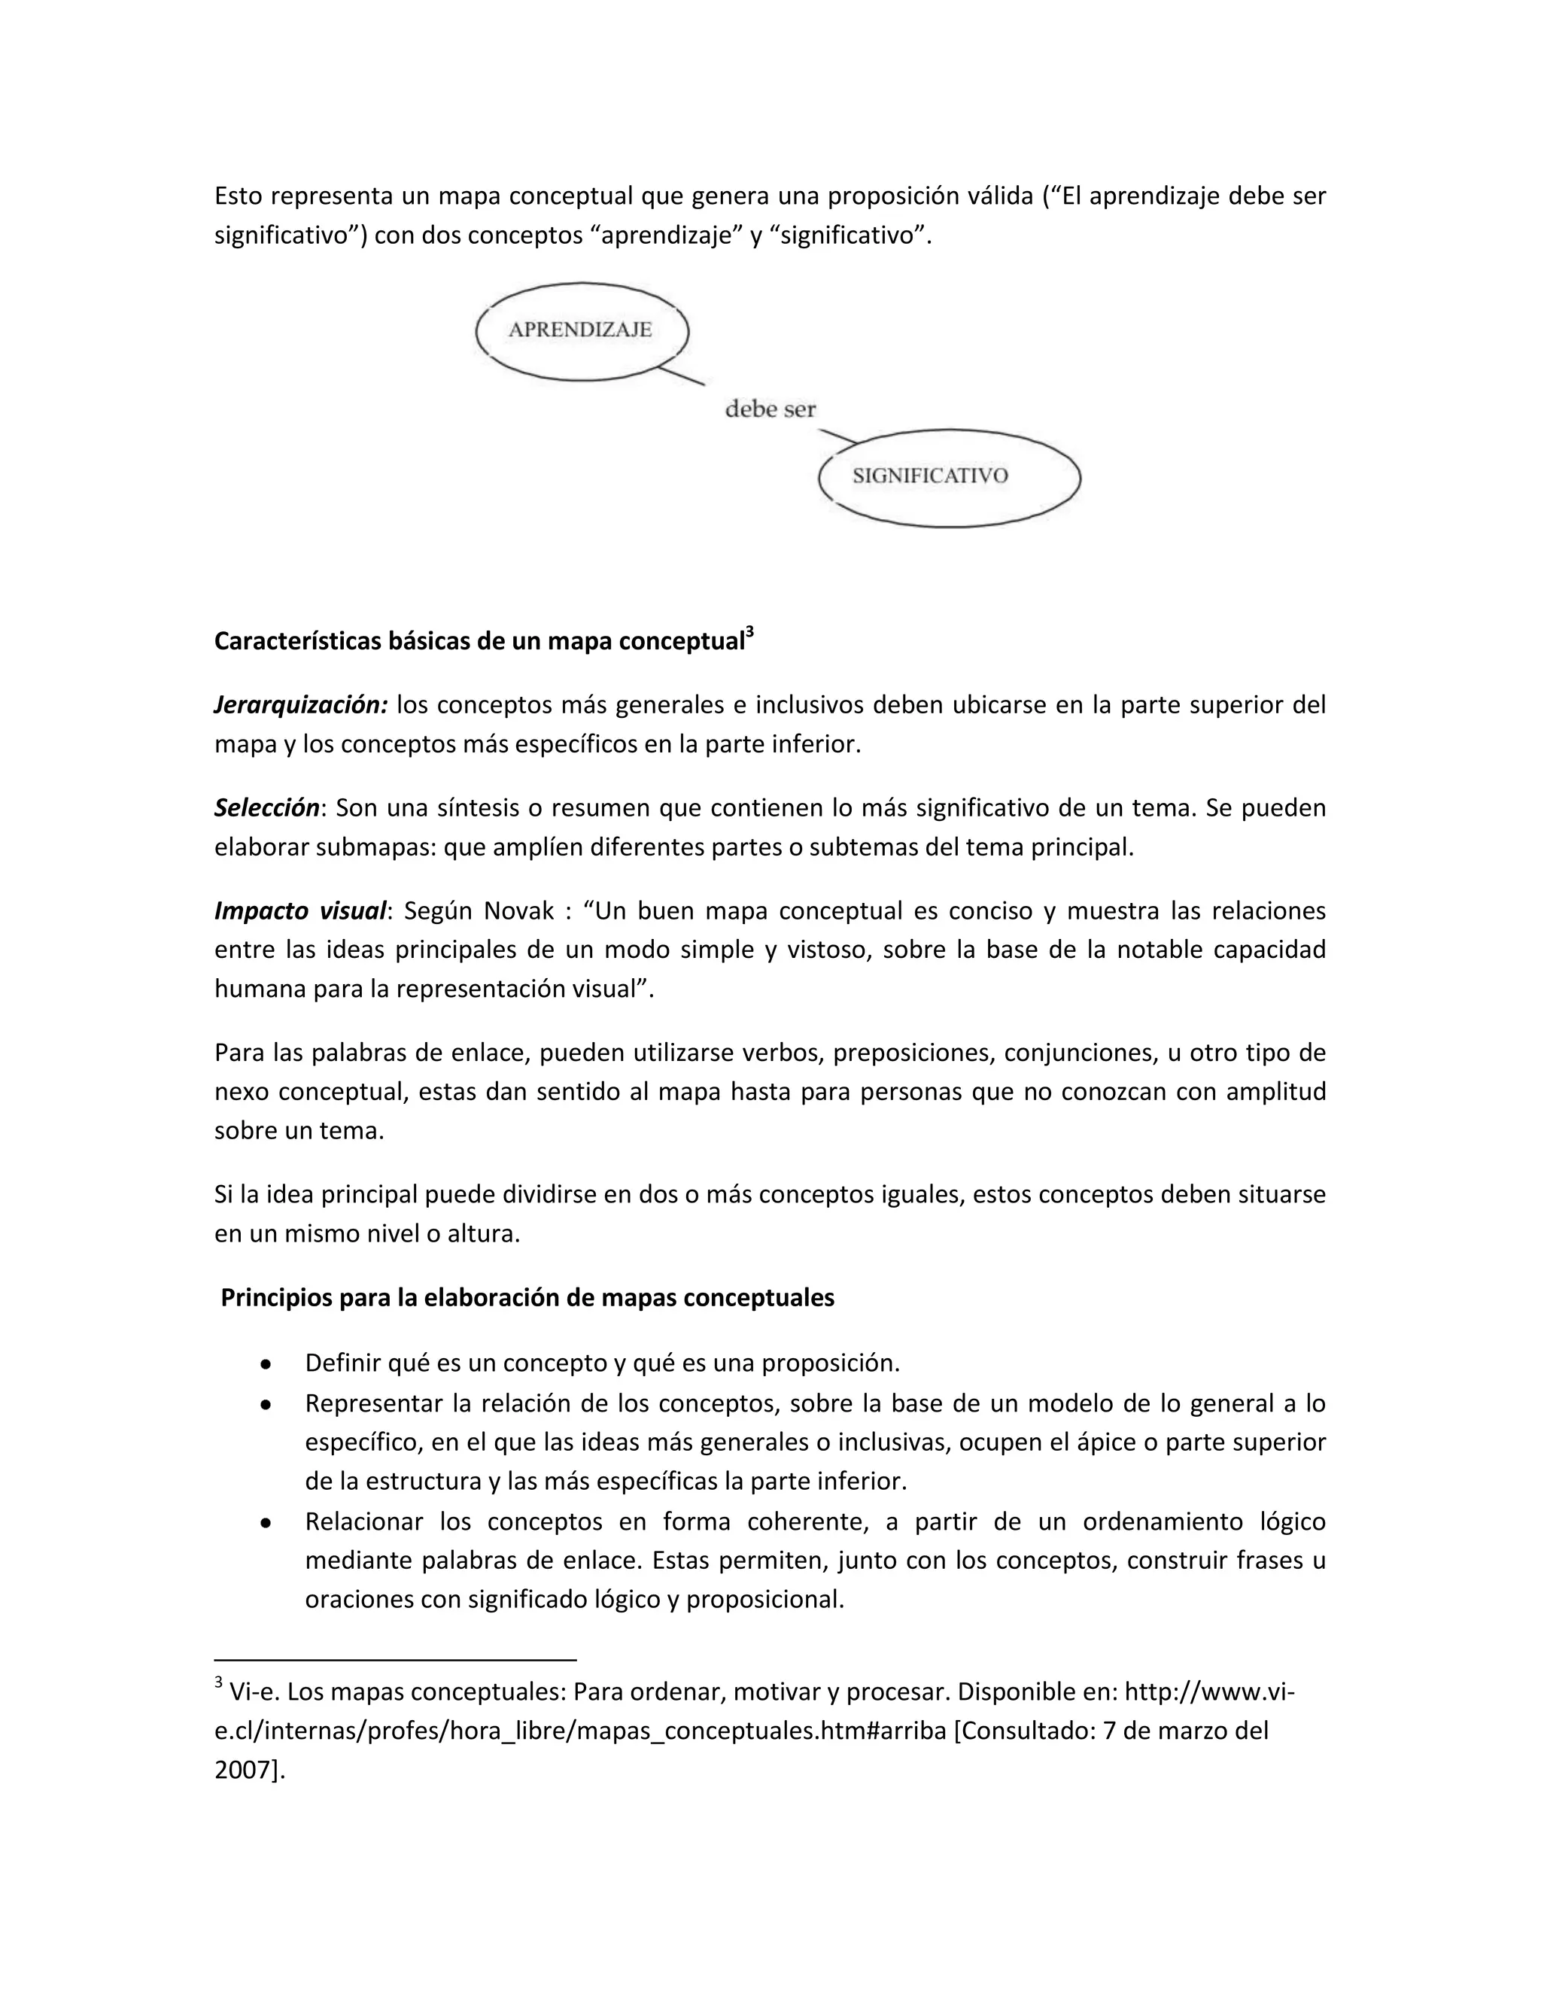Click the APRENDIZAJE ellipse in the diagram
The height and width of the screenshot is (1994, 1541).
[x=582, y=330]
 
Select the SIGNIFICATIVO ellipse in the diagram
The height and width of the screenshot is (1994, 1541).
[x=950, y=476]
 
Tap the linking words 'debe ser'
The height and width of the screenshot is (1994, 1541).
[x=770, y=409]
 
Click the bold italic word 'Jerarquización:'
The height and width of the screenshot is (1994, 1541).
[x=301, y=705]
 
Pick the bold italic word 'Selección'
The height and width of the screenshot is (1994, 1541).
[x=266, y=808]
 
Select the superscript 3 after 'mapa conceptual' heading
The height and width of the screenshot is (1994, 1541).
[x=749, y=631]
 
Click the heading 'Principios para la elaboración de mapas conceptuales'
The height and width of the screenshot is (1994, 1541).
[x=527, y=1297]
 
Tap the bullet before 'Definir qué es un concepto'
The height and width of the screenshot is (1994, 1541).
[x=265, y=1364]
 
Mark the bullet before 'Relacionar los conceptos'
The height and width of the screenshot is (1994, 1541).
[x=265, y=1523]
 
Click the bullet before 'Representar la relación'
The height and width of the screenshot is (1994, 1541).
[x=265, y=1405]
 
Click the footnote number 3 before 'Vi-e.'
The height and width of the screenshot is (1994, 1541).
[x=218, y=1682]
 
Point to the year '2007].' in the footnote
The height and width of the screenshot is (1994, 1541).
[x=249, y=1771]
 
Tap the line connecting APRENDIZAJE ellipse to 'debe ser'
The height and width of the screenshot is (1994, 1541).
[x=681, y=375]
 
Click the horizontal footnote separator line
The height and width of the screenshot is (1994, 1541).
[x=394, y=1659]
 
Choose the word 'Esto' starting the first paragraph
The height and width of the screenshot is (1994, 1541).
[x=239, y=196]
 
